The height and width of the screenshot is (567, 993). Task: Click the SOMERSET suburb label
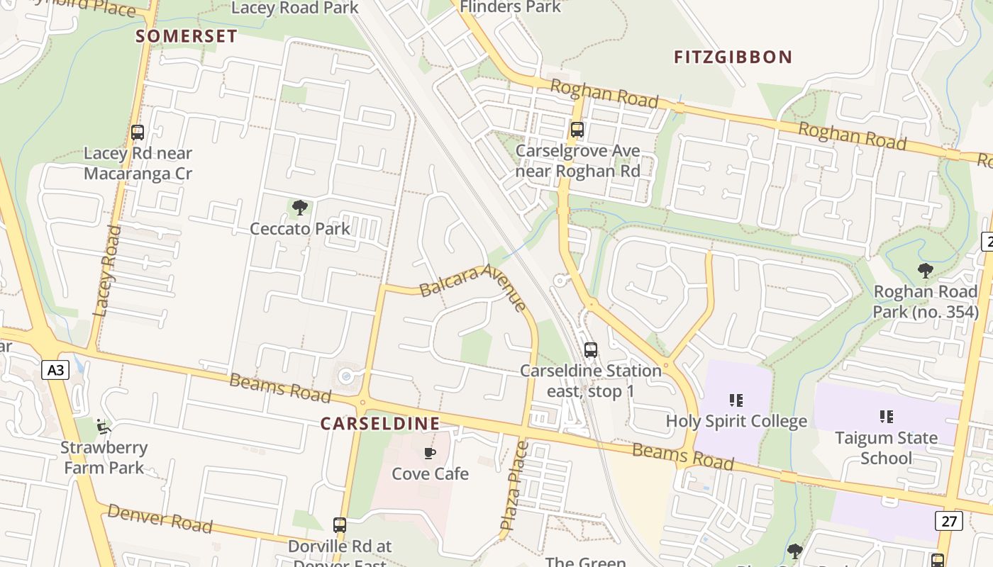(x=187, y=36)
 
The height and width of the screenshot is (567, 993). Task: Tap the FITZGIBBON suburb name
(x=733, y=57)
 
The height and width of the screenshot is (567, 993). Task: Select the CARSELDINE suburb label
(x=379, y=423)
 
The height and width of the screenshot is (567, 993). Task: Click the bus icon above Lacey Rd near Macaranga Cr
(x=138, y=133)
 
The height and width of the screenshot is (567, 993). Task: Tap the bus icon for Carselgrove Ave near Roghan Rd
(x=577, y=130)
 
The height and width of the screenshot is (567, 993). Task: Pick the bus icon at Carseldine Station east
(x=591, y=349)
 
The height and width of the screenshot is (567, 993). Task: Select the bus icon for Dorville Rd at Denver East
(x=340, y=525)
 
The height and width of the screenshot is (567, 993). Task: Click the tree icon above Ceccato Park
(x=300, y=208)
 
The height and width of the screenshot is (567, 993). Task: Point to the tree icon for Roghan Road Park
(x=925, y=270)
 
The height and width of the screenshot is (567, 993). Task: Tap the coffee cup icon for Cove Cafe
(x=430, y=453)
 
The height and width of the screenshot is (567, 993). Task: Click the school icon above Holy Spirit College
(x=736, y=400)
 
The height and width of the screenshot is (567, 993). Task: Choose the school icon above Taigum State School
(x=886, y=416)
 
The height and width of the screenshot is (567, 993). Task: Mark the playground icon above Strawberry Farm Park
(x=104, y=427)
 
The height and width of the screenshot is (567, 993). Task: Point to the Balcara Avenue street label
(x=472, y=286)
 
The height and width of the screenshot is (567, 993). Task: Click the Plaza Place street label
(x=515, y=485)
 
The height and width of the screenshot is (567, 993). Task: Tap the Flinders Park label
(x=510, y=7)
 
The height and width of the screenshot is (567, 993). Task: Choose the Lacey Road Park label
(x=295, y=8)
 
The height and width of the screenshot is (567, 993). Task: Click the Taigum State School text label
(x=886, y=447)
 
